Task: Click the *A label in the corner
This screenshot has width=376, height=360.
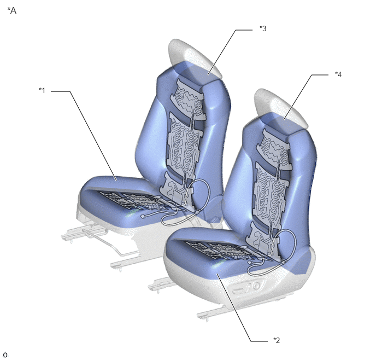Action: [x=12, y=10]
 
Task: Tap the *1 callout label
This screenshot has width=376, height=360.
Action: [x=42, y=90]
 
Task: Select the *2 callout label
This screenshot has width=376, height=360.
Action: [x=277, y=340]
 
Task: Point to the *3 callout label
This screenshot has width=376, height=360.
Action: [x=263, y=28]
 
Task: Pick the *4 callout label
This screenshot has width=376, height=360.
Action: [x=338, y=74]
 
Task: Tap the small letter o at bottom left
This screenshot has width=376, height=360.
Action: [x=5, y=355]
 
